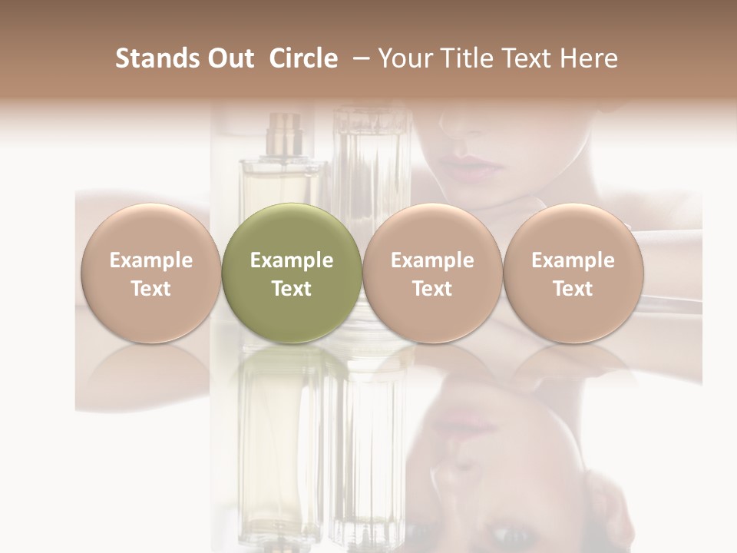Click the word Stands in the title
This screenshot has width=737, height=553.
pyautogui.click(x=156, y=58)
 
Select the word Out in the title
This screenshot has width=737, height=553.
pyautogui.click(x=228, y=58)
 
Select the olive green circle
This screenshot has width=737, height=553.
pyautogui.click(x=292, y=273)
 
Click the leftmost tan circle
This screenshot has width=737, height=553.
pyautogui.click(x=151, y=273)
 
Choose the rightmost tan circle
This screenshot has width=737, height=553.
pyautogui.click(x=573, y=273)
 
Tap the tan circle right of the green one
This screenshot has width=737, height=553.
pyautogui.click(x=432, y=273)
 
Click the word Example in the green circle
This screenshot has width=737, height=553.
pyautogui.click(x=292, y=260)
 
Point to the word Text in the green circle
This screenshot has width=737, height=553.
pyautogui.click(x=292, y=289)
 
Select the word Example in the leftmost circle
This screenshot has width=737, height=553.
pyautogui.click(x=151, y=260)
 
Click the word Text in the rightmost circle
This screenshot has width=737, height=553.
pyautogui.click(x=573, y=289)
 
